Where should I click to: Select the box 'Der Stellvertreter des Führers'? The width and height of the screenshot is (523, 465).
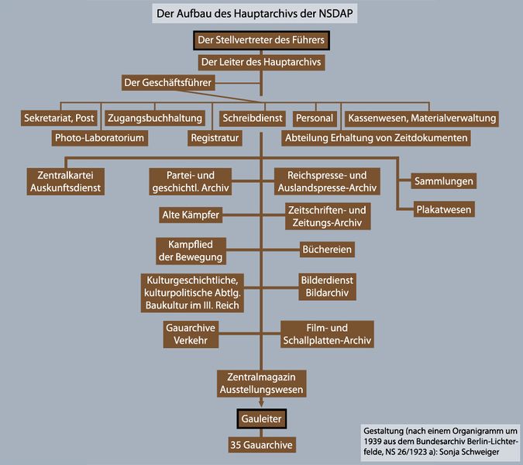pos(261,41)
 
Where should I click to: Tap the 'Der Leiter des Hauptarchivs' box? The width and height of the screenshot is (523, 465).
pos(261,61)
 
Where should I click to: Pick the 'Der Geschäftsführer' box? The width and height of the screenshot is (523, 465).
pos(167,81)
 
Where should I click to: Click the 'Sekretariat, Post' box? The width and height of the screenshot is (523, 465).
pos(59,119)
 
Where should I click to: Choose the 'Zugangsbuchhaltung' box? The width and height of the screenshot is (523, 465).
pos(154,119)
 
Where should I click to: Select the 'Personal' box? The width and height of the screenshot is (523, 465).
pos(314,119)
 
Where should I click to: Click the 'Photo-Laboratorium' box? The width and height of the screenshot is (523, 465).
pos(99,138)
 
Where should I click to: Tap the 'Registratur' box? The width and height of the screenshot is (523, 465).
pos(215,138)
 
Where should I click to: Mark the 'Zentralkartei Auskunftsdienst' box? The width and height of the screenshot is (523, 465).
pos(65,181)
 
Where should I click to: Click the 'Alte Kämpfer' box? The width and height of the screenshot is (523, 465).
pos(191,213)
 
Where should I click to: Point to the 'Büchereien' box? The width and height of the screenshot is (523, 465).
pos(327,250)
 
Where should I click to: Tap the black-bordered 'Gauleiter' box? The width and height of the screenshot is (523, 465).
pos(261,418)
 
